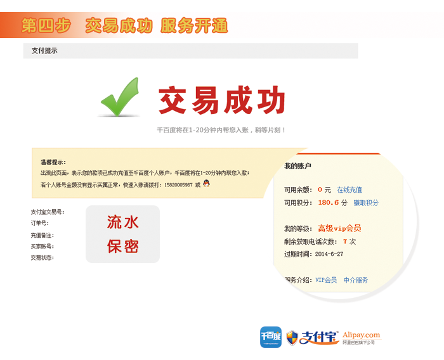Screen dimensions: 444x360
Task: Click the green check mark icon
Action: (121, 98)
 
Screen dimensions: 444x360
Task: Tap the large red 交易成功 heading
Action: (222, 100)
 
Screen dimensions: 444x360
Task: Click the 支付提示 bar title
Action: (44, 51)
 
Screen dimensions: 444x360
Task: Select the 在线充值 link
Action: (349, 190)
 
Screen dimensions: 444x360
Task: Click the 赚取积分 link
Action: (366, 203)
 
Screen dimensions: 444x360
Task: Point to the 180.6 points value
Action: (329, 203)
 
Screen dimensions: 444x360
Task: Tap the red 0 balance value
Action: (320, 190)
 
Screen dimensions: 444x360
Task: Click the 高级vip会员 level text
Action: (339, 228)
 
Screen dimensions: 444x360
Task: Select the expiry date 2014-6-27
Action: (329, 254)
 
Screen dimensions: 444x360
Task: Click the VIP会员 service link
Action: (326, 280)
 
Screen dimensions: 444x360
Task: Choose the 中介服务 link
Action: (356, 280)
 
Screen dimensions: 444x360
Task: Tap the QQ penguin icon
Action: (206, 183)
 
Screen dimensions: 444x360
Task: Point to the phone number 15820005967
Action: (178, 185)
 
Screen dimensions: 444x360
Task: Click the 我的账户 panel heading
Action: (297, 166)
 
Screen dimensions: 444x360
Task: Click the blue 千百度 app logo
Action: (271, 337)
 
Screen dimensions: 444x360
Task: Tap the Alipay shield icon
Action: (292, 338)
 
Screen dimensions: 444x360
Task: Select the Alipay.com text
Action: (362, 335)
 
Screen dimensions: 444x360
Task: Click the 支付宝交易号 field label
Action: (48, 212)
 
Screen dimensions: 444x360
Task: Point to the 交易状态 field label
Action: (42, 257)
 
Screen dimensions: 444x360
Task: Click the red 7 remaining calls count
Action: (345, 241)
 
